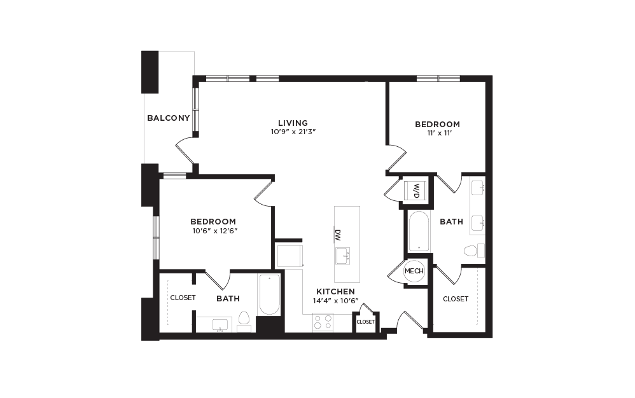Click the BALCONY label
(169, 118)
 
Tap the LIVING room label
(293, 123)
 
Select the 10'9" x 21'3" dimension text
(293, 132)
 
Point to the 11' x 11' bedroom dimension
(437, 134)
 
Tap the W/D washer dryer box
(415, 189)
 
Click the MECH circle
(414, 271)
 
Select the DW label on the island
(338, 234)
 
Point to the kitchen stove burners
(323, 323)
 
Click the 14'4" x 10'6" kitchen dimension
(335, 301)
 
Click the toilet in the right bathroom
(471, 250)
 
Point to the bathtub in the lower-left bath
(269, 294)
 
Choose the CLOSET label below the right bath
(456, 299)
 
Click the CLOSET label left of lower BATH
(182, 297)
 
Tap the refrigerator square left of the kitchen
(288, 256)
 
